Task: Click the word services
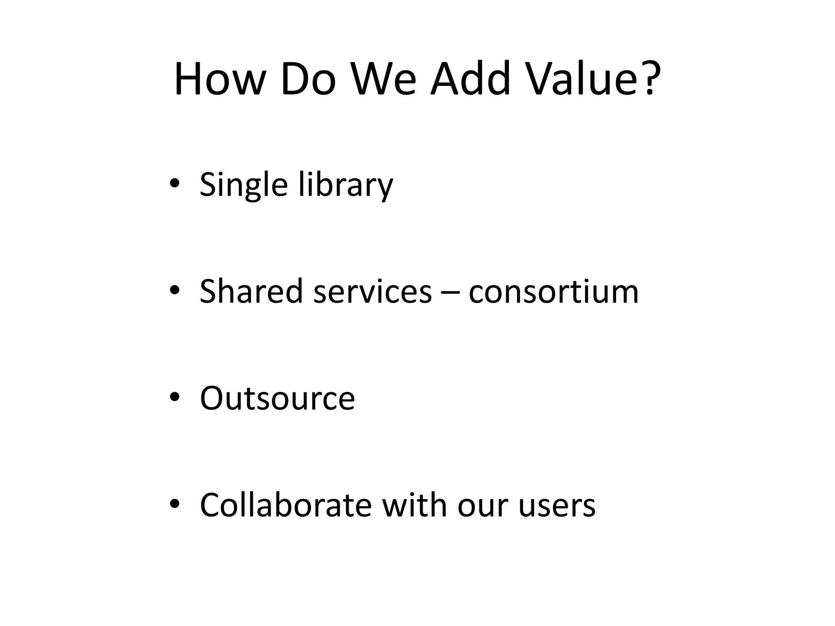[x=372, y=292]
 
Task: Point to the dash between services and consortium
[x=450, y=293]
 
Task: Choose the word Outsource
[x=277, y=399]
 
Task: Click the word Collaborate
[x=285, y=505]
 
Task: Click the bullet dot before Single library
[x=175, y=183]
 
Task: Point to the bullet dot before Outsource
[x=175, y=397]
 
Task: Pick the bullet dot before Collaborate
[x=175, y=504]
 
